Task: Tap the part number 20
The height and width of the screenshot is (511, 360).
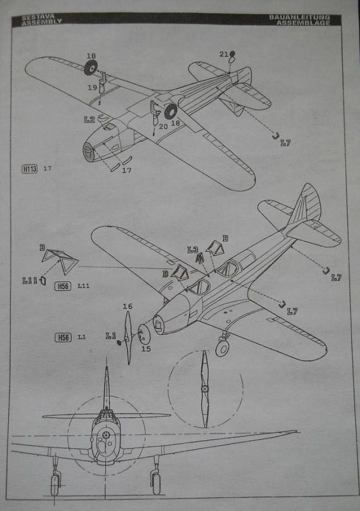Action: [x=163, y=127]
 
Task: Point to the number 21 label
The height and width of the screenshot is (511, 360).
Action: [x=223, y=55]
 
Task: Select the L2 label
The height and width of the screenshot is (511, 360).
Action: [x=89, y=119]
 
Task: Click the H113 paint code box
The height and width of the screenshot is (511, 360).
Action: [x=30, y=168]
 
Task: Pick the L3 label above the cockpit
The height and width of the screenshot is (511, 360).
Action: [x=193, y=249]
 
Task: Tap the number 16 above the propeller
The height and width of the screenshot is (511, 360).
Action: [x=128, y=306]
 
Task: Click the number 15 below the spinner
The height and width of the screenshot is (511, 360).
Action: [x=146, y=349]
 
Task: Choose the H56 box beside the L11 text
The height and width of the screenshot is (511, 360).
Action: [x=63, y=286]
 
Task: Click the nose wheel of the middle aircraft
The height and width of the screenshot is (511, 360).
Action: [x=222, y=348]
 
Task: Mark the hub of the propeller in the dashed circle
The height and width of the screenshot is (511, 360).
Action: [x=205, y=388]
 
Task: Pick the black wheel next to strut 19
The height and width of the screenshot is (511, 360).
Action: [x=91, y=69]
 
